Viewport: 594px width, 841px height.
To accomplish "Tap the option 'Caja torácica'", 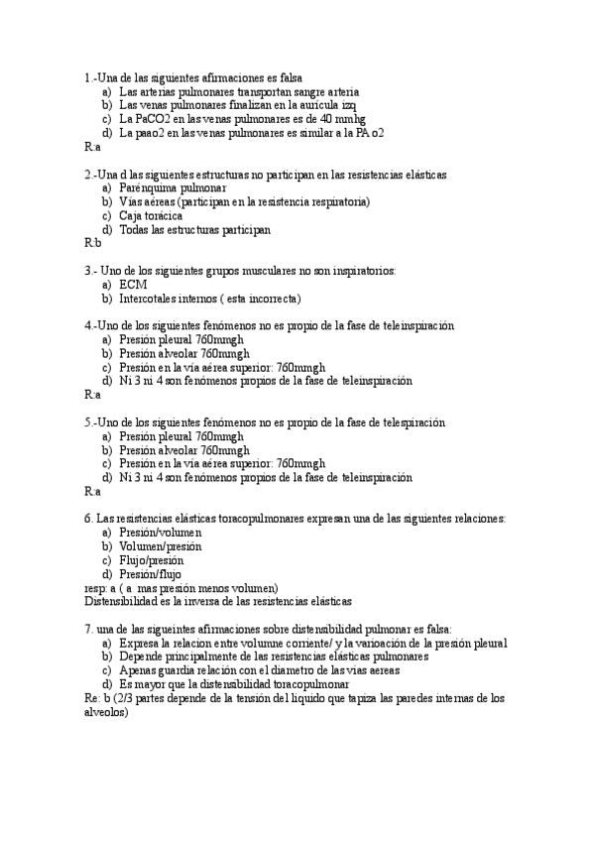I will tap(151, 215).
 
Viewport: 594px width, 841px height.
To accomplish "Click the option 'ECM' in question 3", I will tap(133, 284).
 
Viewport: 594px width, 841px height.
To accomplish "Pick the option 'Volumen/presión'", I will tap(160, 545).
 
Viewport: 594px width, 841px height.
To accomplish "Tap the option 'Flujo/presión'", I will tap(151, 559).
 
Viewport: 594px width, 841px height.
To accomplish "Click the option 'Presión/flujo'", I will tap(151, 573).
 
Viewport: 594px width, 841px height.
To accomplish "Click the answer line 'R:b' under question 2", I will tap(93, 243).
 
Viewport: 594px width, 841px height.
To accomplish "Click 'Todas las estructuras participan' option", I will tap(194, 229).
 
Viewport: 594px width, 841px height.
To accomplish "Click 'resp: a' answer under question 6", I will tap(105, 587).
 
